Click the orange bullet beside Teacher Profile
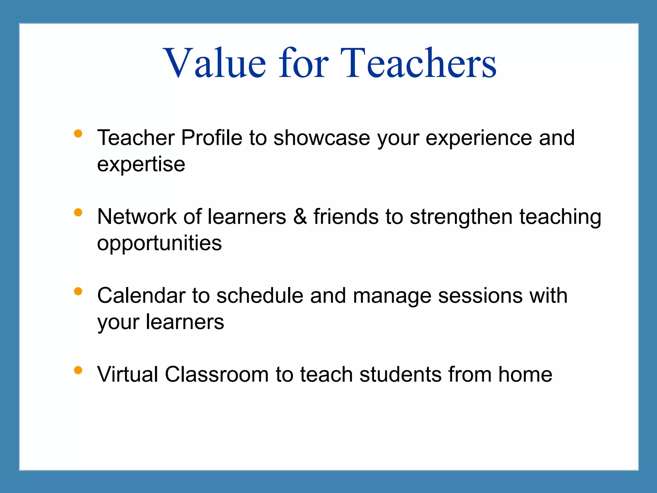pyautogui.click(x=78, y=133)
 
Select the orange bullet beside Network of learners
pyautogui.click(x=78, y=212)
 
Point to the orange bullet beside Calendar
pyautogui.click(x=78, y=291)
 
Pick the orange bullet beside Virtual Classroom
pyautogui.click(x=78, y=370)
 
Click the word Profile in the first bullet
pyautogui.click(x=211, y=138)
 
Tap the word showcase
pyautogui.click(x=322, y=138)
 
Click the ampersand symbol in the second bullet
pyautogui.click(x=300, y=217)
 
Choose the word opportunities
pyautogui.click(x=159, y=244)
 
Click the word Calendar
pyautogui.click(x=141, y=296)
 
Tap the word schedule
pyautogui.click(x=260, y=296)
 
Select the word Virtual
pyautogui.click(x=127, y=375)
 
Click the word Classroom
pyautogui.click(x=217, y=375)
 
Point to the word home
pyautogui.click(x=525, y=375)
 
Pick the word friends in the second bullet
pyautogui.click(x=346, y=217)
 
